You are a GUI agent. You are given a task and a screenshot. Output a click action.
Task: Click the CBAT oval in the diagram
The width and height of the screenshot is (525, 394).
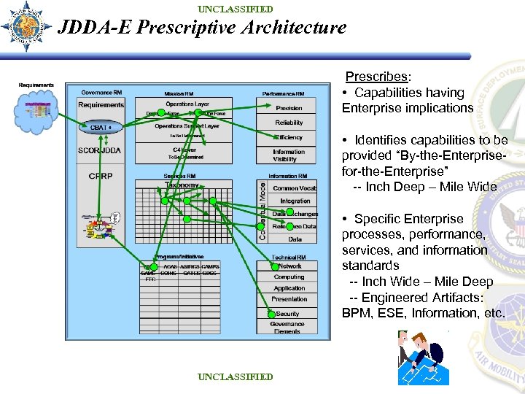click(x=101, y=127)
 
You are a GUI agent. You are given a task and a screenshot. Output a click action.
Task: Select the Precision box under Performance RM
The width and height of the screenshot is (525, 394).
click(x=289, y=108)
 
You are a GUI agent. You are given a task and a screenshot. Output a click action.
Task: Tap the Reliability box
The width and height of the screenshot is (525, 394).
click(x=289, y=123)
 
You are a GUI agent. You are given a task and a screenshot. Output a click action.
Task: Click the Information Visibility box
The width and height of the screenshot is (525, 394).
click(x=289, y=155)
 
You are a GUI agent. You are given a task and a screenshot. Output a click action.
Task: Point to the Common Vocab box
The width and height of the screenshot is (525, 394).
click(x=295, y=188)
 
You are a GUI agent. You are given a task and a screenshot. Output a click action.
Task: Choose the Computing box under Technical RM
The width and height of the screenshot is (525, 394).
click(x=289, y=277)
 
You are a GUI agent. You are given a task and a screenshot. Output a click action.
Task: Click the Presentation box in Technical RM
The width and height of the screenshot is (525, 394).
click(x=289, y=299)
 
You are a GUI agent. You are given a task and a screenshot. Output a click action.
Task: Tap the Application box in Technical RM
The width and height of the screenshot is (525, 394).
click(x=289, y=288)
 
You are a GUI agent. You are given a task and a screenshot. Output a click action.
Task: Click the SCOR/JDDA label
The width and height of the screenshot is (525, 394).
click(x=101, y=150)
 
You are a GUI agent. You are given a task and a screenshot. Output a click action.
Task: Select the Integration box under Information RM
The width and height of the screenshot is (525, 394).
click(x=295, y=201)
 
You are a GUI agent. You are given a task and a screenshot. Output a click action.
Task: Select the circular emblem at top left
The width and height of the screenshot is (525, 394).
click(x=27, y=27)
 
